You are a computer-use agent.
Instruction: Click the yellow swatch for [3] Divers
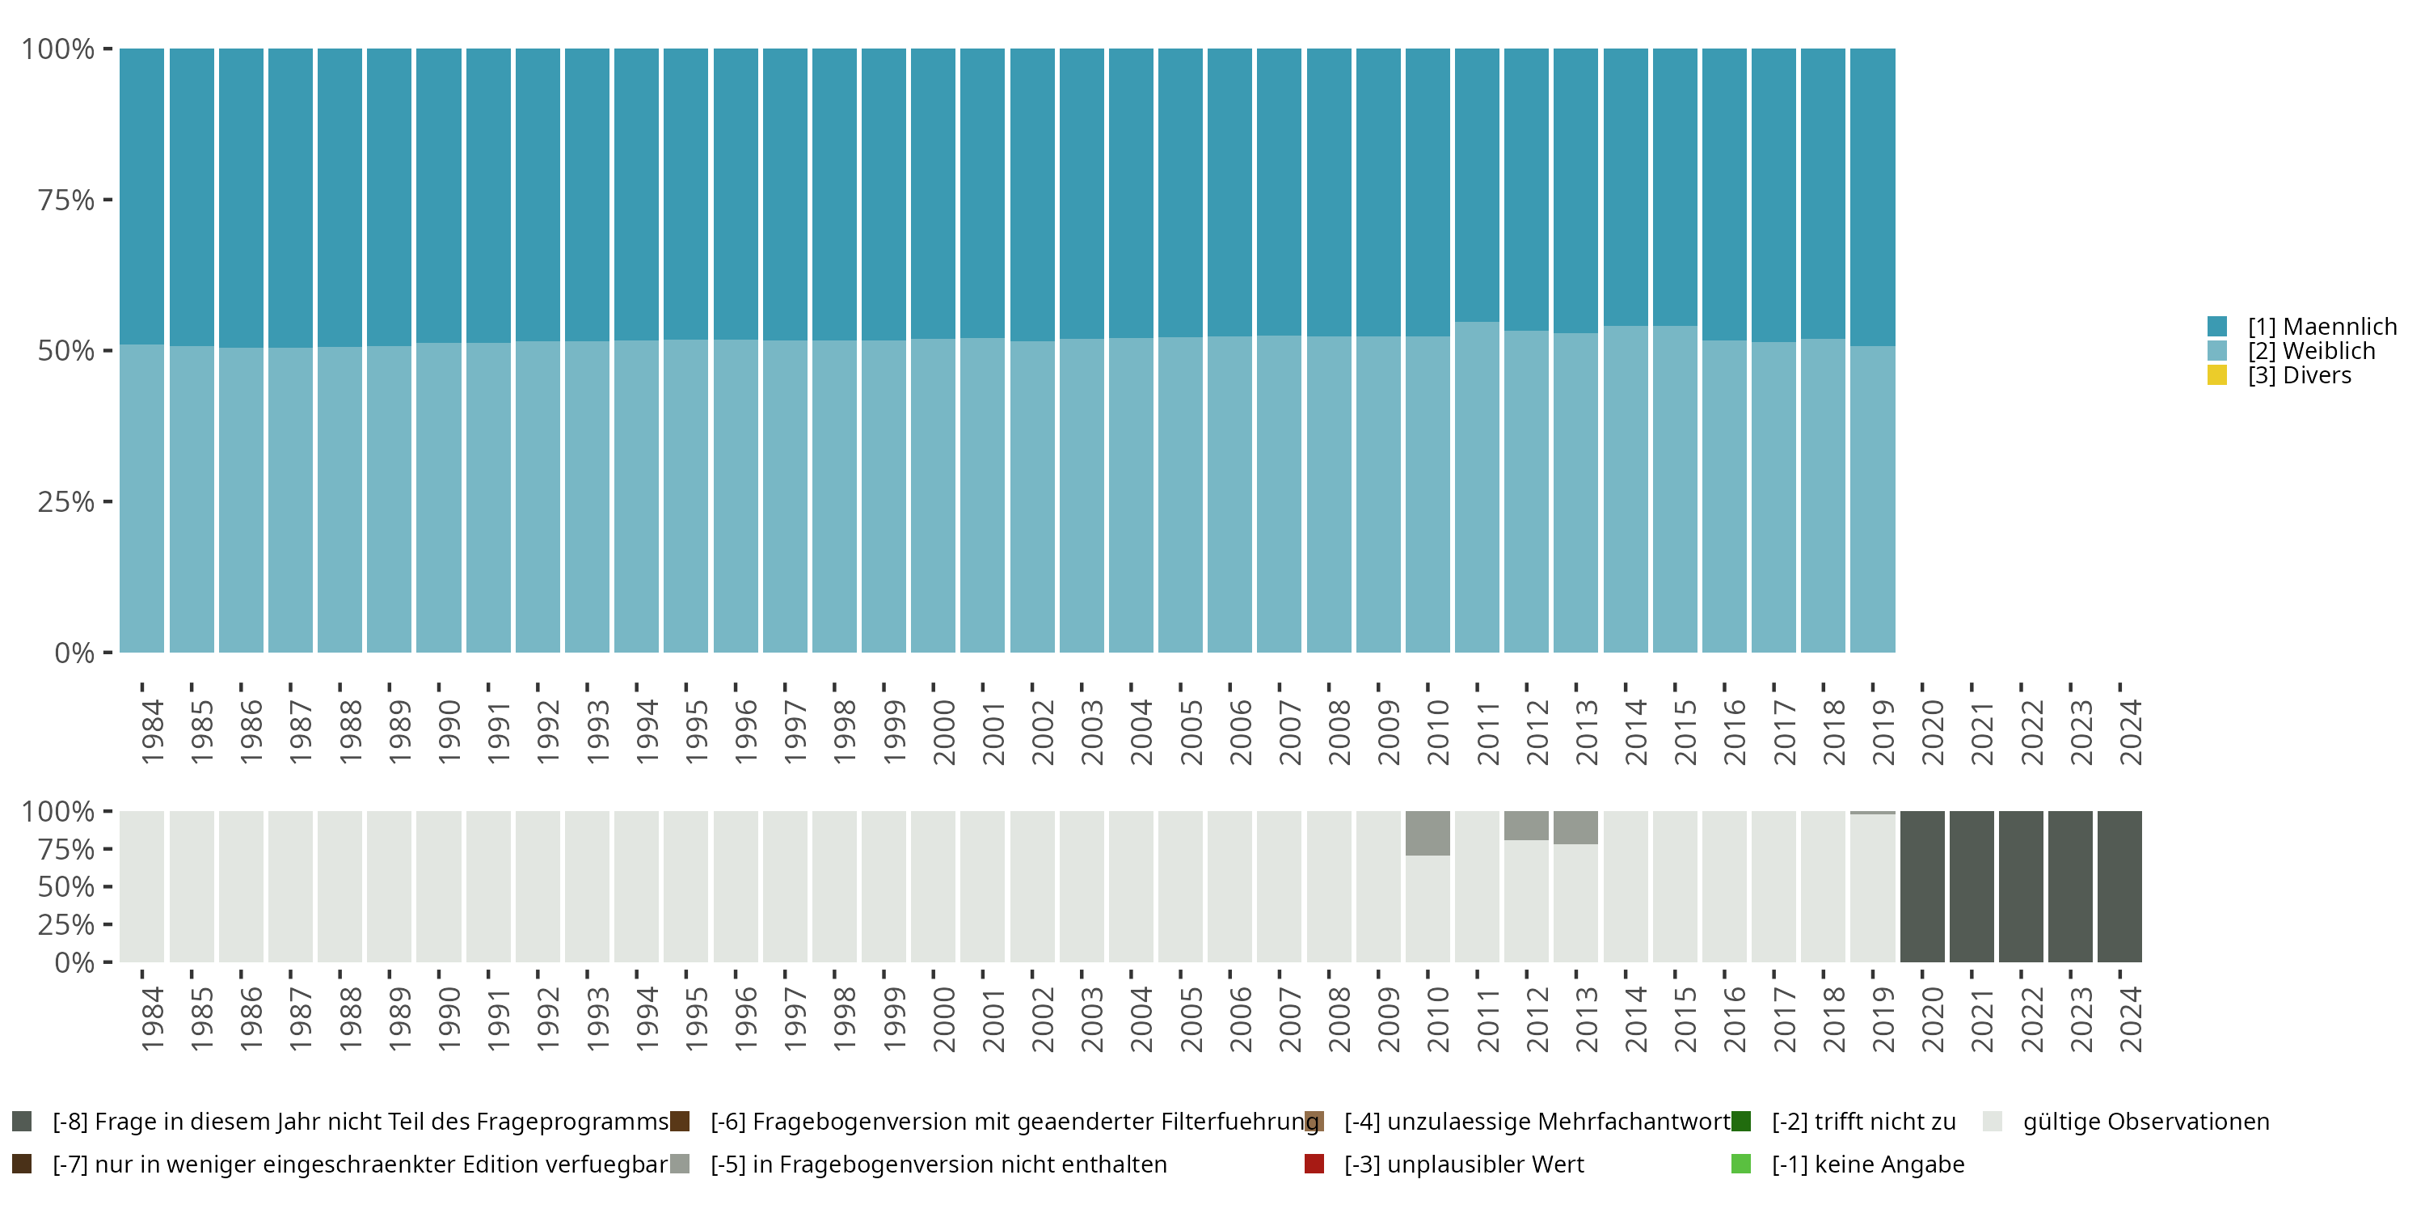point(2217,375)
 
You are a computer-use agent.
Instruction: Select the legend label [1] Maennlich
point(2322,327)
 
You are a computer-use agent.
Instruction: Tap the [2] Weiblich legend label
point(2311,351)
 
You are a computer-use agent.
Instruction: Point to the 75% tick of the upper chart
point(66,200)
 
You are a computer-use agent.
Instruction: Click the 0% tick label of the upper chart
point(74,653)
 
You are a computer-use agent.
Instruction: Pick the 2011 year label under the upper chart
point(1487,732)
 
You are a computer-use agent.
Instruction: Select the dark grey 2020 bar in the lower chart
point(1922,886)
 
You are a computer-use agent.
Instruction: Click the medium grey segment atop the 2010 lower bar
point(1428,833)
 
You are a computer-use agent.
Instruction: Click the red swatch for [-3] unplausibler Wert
point(1314,1164)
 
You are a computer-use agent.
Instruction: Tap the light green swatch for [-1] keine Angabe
point(1740,1164)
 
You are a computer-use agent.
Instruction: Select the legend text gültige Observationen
point(2145,1122)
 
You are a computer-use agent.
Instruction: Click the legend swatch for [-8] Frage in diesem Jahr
point(22,1122)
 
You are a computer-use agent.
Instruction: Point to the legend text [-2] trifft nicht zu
point(1863,1122)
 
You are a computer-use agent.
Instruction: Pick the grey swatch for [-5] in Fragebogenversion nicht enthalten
point(680,1164)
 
